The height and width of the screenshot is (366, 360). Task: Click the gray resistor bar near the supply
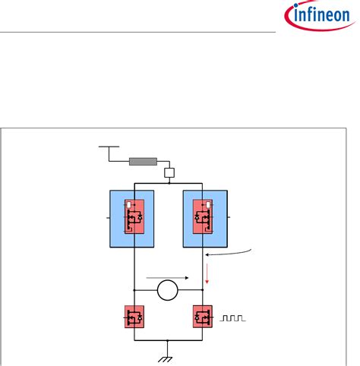tap(144, 161)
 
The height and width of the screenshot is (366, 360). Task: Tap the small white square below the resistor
tap(170, 173)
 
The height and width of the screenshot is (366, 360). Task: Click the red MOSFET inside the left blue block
tap(134, 216)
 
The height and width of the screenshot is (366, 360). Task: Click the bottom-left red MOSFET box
tap(134, 316)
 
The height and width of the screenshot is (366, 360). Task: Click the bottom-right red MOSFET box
tap(204, 316)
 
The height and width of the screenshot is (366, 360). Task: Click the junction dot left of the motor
tap(134, 290)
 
